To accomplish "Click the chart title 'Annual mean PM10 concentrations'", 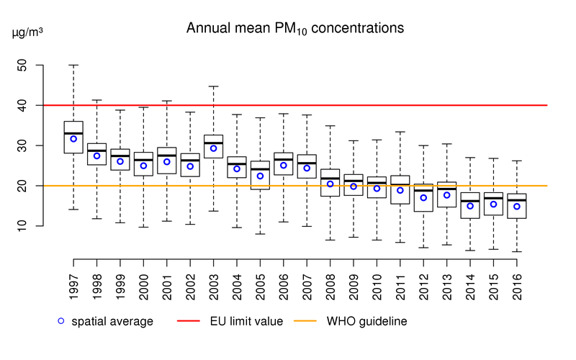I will (x=295, y=29).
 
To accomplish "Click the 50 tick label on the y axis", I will (x=22, y=65).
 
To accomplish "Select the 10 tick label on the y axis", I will (x=22, y=226).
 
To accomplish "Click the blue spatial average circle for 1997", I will (x=73, y=138).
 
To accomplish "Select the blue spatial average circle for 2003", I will (x=214, y=148).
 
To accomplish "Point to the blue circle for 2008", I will (x=330, y=184).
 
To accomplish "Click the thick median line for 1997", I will (x=73, y=133).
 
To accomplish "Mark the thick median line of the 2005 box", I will (x=261, y=169).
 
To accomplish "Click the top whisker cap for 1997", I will (x=73, y=65).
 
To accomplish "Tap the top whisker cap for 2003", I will (x=214, y=86).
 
